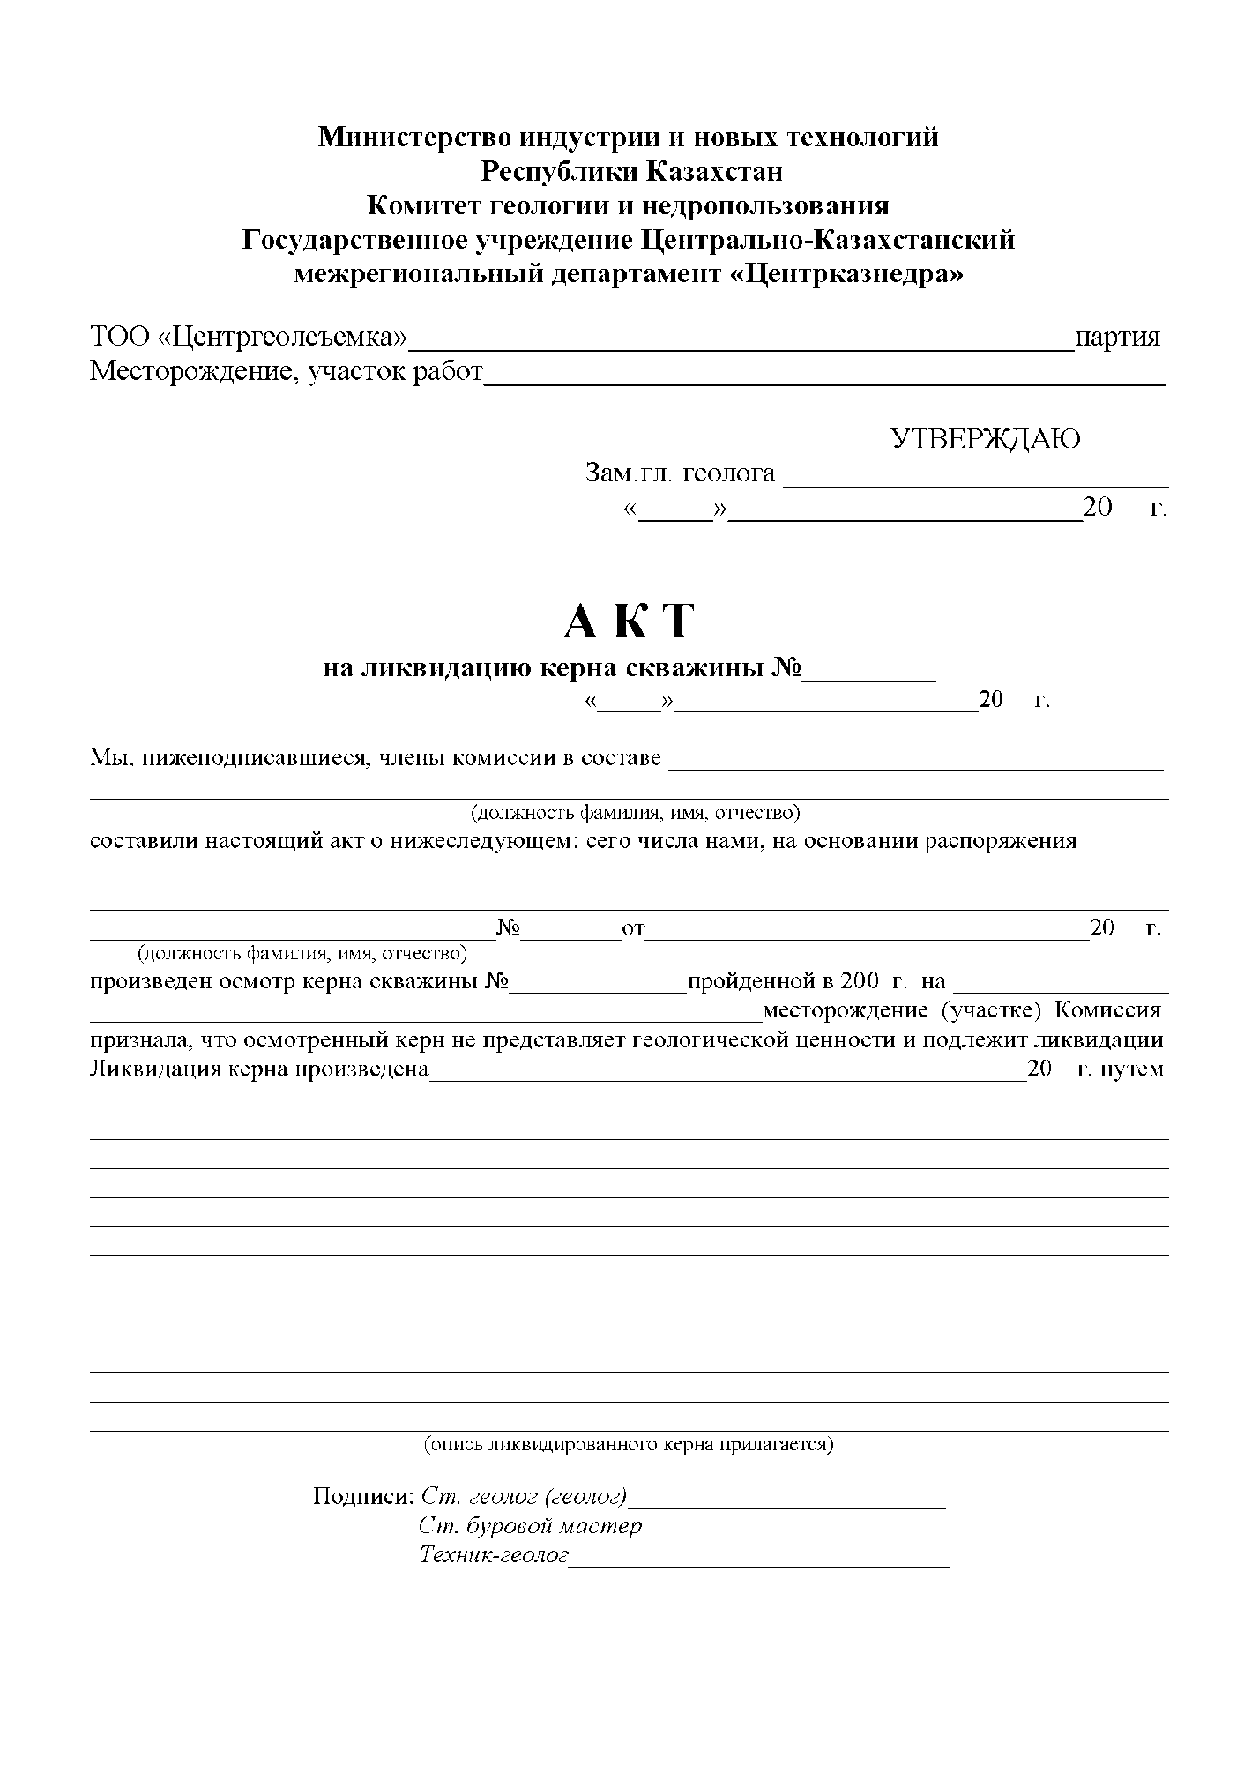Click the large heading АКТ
point(629,622)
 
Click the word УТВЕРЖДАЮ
point(986,439)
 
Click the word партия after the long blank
point(1117,338)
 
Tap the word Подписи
point(363,1497)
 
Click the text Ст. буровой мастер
point(531,1526)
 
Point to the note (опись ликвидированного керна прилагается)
point(629,1445)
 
